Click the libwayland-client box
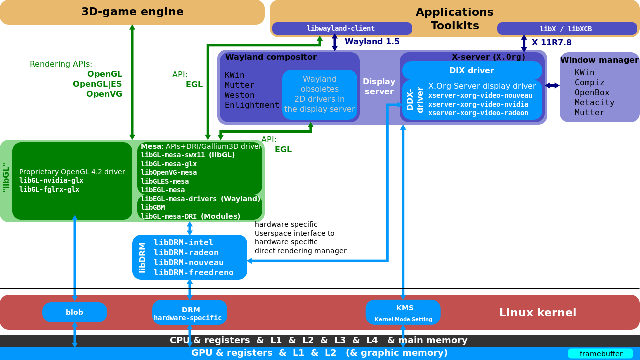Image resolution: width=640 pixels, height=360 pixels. (x=342, y=29)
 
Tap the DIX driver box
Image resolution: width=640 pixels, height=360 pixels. (x=472, y=71)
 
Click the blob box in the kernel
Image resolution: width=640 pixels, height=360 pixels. (x=75, y=312)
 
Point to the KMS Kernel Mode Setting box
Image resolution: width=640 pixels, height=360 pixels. (x=403, y=312)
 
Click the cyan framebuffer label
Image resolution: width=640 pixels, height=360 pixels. (x=601, y=354)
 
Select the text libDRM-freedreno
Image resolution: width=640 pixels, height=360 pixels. (x=193, y=272)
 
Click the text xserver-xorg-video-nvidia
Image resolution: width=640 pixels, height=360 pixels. (x=478, y=104)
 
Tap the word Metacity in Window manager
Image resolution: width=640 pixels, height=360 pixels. (x=594, y=102)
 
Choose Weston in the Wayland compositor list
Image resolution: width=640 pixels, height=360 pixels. (x=239, y=95)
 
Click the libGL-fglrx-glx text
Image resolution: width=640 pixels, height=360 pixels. (x=49, y=189)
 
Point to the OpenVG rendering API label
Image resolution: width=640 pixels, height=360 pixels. (x=104, y=94)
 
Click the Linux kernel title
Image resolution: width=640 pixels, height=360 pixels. (x=537, y=313)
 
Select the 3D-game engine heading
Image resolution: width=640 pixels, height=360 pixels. (x=132, y=12)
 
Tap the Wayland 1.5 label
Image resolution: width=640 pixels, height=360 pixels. (x=372, y=42)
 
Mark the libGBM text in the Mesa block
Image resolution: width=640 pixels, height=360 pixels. (x=153, y=207)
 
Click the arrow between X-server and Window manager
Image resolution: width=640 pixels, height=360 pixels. (x=552, y=85)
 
